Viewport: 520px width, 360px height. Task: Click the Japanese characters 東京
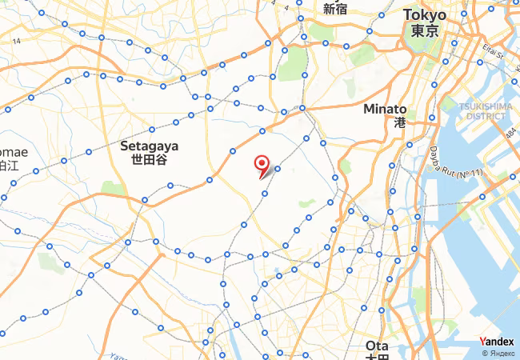coord(424,30)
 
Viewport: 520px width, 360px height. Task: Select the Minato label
coord(385,109)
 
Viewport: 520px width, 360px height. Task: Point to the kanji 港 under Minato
coord(400,123)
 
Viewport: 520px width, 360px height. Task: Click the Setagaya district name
coord(150,146)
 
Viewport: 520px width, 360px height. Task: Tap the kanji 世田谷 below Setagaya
coord(150,160)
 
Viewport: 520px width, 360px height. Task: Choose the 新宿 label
coord(334,10)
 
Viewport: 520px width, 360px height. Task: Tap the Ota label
coord(376,345)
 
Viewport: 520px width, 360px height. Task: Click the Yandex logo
coord(496,342)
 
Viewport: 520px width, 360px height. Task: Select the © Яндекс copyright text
coord(496,353)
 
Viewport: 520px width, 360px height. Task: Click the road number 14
coord(15,40)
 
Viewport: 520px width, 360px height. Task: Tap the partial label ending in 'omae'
coord(14,152)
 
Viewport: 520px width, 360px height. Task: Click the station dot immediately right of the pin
coord(278,169)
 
